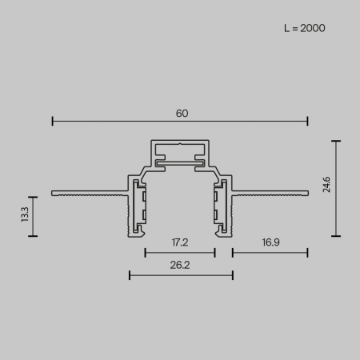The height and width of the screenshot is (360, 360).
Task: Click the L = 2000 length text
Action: [x=305, y=29]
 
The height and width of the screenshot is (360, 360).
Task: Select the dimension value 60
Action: [x=182, y=114]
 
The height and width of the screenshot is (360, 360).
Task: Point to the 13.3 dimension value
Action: [x=26, y=215]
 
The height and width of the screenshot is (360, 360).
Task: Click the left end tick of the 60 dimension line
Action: [x=53, y=122]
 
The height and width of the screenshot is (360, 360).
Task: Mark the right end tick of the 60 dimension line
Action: [x=307, y=122]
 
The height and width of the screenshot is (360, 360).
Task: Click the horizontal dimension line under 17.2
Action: [x=180, y=253]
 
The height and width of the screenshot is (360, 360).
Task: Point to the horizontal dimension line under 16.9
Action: [x=270, y=253]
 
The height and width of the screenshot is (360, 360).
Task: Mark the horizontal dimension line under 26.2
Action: [x=181, y=277]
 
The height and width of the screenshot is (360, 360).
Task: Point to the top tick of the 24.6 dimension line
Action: [x=336, y=141]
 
